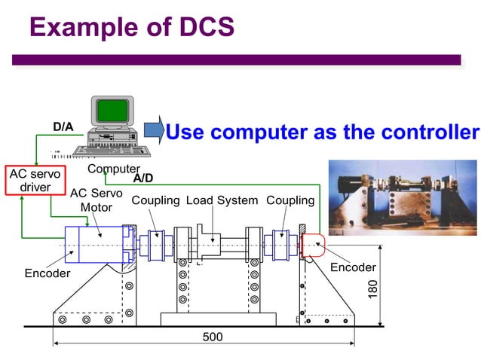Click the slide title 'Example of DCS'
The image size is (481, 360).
132,28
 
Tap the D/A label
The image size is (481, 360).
63,127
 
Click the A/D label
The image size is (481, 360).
144,179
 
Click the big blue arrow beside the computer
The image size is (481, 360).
153,130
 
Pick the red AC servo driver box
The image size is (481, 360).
35,180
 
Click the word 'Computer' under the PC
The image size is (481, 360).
114,169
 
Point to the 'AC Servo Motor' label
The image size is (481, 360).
96,200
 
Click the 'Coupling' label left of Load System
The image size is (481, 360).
155,200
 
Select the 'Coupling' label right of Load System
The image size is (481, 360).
290,200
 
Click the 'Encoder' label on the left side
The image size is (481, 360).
47,273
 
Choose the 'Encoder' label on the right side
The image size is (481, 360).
353,267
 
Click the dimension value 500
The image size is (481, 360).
213,337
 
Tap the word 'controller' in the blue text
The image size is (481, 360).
429,133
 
